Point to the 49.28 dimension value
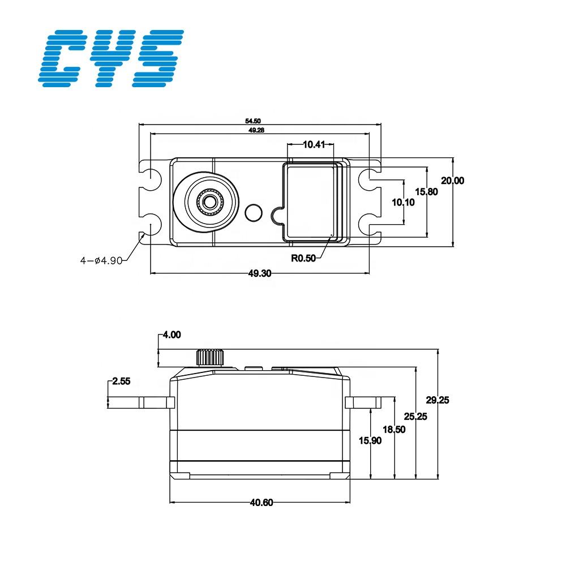tap(256, 130)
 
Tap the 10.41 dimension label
tap(314, 144)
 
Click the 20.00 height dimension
tap(452, 181)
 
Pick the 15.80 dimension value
tap(426, 192)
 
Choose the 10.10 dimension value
tap(403, 201)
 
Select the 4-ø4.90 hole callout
tap(101, 260)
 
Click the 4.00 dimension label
tap(171, 335)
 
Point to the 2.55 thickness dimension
tap(121, 381)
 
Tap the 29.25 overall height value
tap(438, 400)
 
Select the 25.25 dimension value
tap(415, 416)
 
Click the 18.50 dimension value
tap(394, 430)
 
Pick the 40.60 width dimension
tap(260, 502)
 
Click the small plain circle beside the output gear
tap(253, 213)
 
